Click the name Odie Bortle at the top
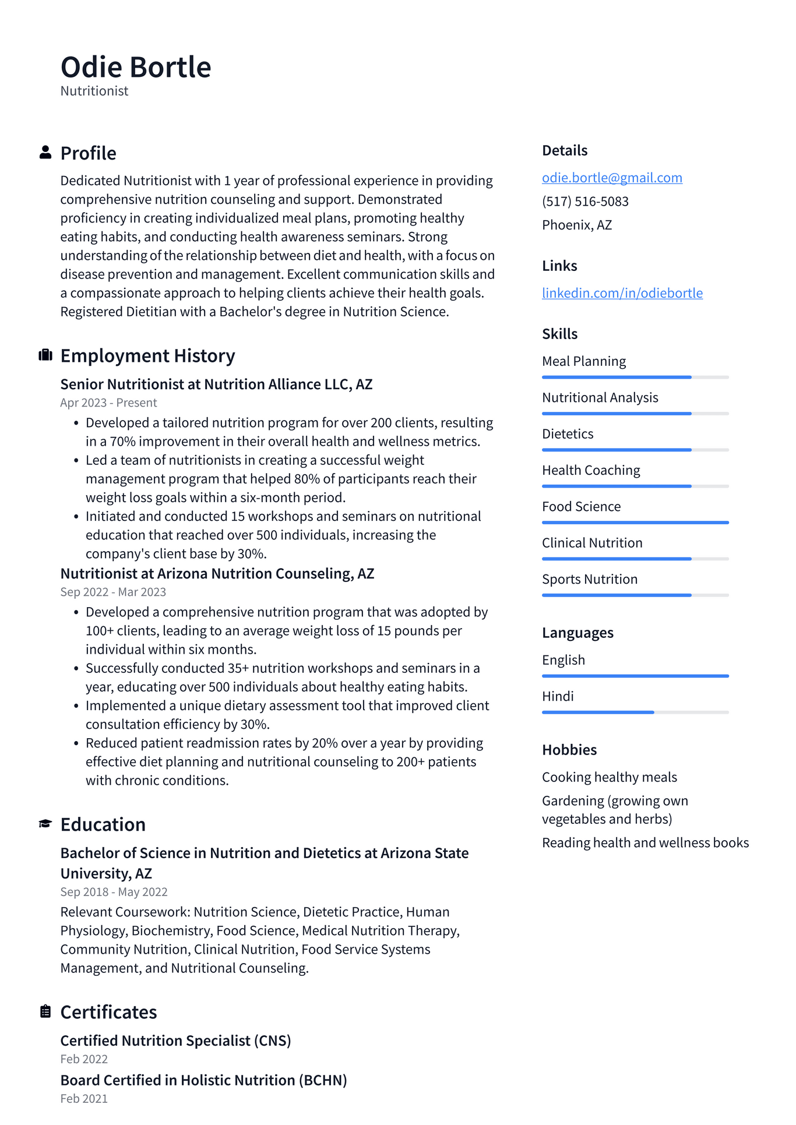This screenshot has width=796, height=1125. (x=136, y=67)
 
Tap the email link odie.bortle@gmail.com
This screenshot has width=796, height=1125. (x=612, y=178)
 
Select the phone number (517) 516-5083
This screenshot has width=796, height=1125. (x=585, y=202)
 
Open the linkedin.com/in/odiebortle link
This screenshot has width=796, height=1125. (x=622, y=293)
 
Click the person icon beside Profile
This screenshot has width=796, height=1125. (x=45, y=153)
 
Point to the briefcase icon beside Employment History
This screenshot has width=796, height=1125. (x=45, y=355)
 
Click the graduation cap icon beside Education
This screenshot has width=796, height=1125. (x=45, y=824)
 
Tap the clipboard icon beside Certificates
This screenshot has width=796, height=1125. (x=45, y=1011)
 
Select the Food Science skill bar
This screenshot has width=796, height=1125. (x=635, y=523)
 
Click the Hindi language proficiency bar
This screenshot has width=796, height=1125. (x=635, y=712)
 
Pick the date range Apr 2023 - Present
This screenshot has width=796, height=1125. (x=108, y=403)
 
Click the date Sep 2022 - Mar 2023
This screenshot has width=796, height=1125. (x=113, y=593)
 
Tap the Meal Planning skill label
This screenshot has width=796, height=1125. (x=584, y=361)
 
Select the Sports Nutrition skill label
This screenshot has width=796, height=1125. (x=590, y=580)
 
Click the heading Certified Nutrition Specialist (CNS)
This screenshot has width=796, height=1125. (x=175, y=1041)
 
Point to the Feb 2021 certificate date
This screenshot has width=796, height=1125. (x=84, y=1099)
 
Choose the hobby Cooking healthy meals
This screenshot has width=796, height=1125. (x=610, y=777)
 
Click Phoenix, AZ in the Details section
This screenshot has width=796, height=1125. (x=577, y=225)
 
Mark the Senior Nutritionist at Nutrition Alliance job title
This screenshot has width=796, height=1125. (x=216, y=385)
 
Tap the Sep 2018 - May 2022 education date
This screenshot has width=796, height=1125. (x=114, y=892)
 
